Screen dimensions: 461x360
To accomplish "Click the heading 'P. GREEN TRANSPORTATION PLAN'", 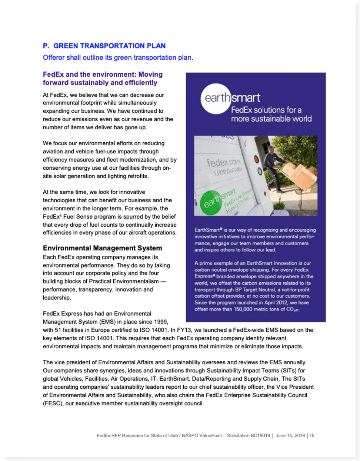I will tap(104, 46).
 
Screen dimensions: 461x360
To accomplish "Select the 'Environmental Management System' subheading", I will tap(102, 248).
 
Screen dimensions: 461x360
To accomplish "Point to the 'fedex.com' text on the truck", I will tap(223, 162).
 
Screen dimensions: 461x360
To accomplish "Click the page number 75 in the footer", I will tap(312, 435).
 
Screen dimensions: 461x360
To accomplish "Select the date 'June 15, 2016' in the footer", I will tap(290, 435).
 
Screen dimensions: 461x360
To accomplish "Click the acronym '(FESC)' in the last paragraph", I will tap(52, 403).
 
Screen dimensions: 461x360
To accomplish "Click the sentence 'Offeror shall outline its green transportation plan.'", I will tap(118, 57).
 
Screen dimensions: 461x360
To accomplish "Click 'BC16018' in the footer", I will tap(260, 435).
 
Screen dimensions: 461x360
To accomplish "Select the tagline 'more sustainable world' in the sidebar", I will tap(271, 119).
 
